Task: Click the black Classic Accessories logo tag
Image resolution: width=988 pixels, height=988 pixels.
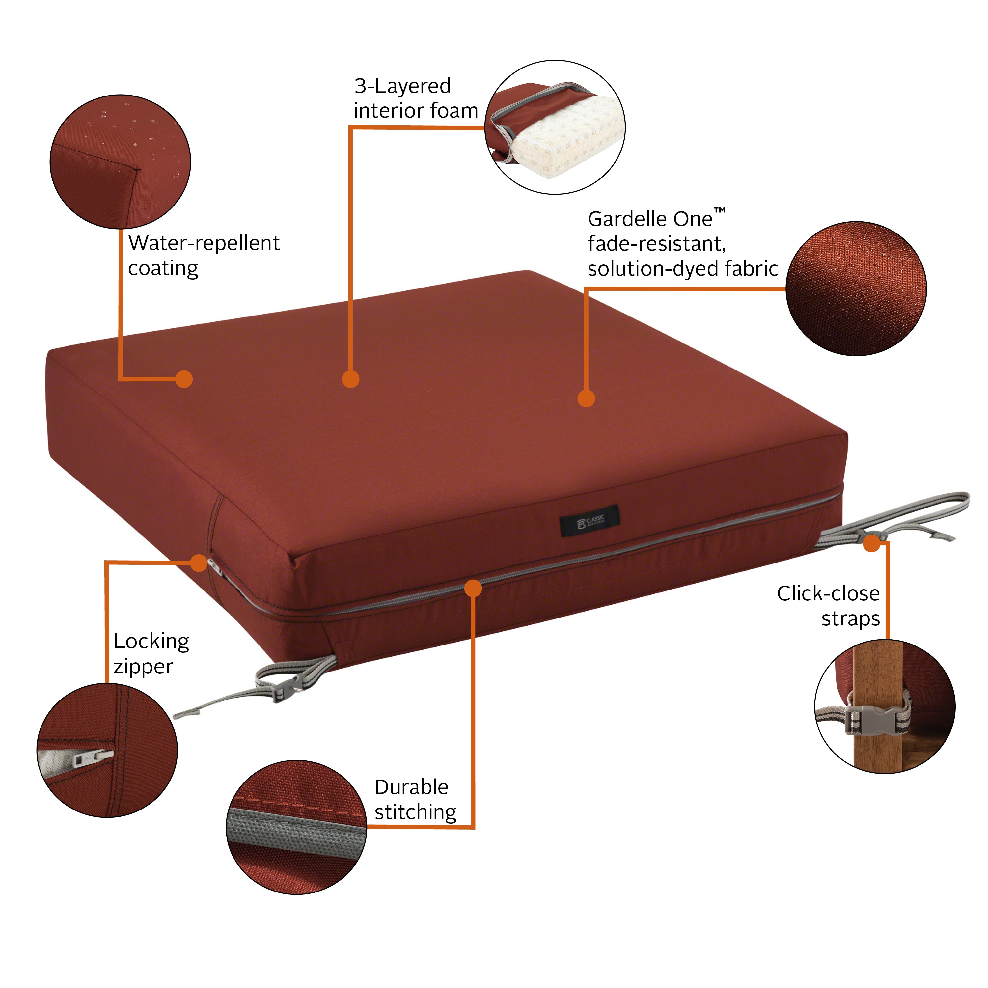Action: tap(590, 521)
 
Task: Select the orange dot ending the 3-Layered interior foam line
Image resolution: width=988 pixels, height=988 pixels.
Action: tap(350, 379)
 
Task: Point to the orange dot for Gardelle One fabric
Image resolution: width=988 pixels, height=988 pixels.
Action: tap(586, 398)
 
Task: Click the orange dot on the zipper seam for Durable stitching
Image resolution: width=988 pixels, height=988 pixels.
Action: tap(474, 588)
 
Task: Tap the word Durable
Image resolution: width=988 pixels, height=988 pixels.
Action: tap(411, 787)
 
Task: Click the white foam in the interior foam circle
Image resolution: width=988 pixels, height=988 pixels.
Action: tap(568, 138)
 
